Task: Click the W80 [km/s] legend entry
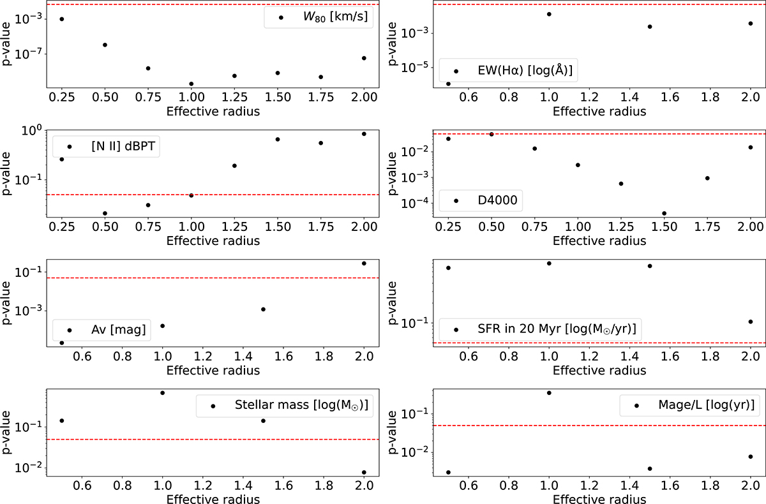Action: click(x=326, y=17)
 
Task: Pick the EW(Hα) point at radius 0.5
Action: click(x=448, y=84)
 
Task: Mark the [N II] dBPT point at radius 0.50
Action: click(x=105, y=213)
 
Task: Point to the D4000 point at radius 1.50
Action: click(x=665, y=213)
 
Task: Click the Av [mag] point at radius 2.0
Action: click(x=364, y=263)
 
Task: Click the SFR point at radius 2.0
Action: click(x=751, y=322)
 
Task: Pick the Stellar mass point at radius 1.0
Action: click(x=163, y=393)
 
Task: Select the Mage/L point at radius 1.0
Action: click(x=549, y=392)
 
